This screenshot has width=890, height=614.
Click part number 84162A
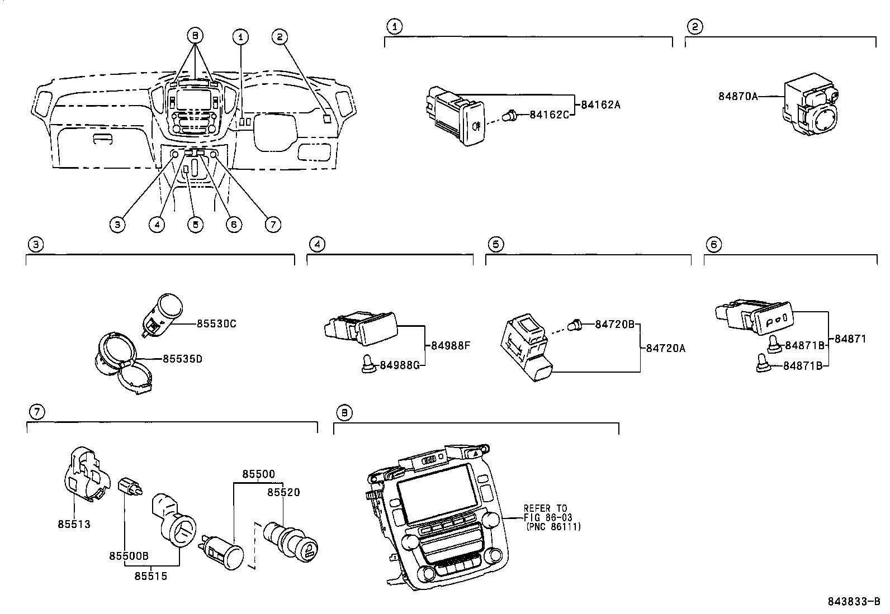600,104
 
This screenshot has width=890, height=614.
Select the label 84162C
549,115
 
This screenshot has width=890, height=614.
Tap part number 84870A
738,96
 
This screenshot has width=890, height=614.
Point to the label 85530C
216,323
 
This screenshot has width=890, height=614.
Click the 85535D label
182,359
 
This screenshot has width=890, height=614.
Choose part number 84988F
451,345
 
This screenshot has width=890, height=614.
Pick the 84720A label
665,348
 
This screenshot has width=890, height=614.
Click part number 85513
73,524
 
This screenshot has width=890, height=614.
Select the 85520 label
283,492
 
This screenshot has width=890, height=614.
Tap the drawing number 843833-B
855,602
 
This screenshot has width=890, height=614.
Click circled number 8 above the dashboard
195,36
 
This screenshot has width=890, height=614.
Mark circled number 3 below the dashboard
117,225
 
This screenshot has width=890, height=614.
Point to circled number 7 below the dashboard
272,225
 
